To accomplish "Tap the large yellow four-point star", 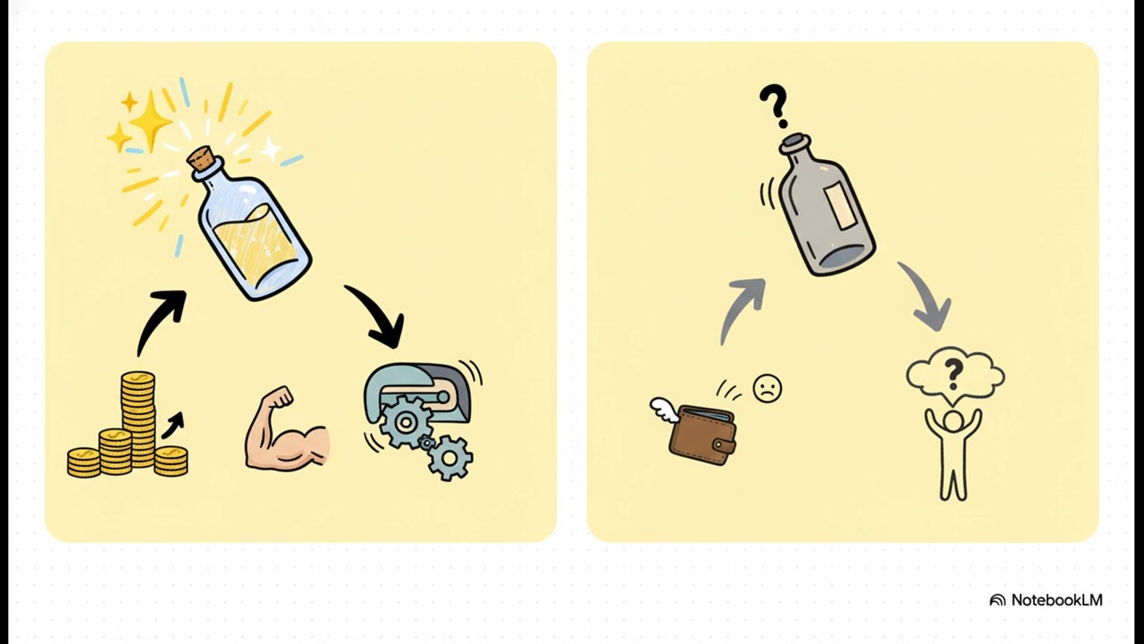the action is (149, 122).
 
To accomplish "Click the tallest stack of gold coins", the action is (138, 419).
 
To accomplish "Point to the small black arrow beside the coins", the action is (172, 425).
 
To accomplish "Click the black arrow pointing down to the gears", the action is (381, 313).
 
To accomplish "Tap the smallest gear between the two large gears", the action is (426, 443).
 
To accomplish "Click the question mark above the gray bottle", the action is (774, 106).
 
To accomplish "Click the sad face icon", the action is (767, 388).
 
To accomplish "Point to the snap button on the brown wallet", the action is (719, 445).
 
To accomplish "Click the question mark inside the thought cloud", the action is (953, 373).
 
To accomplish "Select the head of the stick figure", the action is (953, 421).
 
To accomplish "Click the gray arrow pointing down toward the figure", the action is (927, 295).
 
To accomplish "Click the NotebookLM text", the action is (1056, 599).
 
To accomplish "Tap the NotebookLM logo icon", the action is (997, 600).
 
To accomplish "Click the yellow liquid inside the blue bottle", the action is (257, 244).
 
